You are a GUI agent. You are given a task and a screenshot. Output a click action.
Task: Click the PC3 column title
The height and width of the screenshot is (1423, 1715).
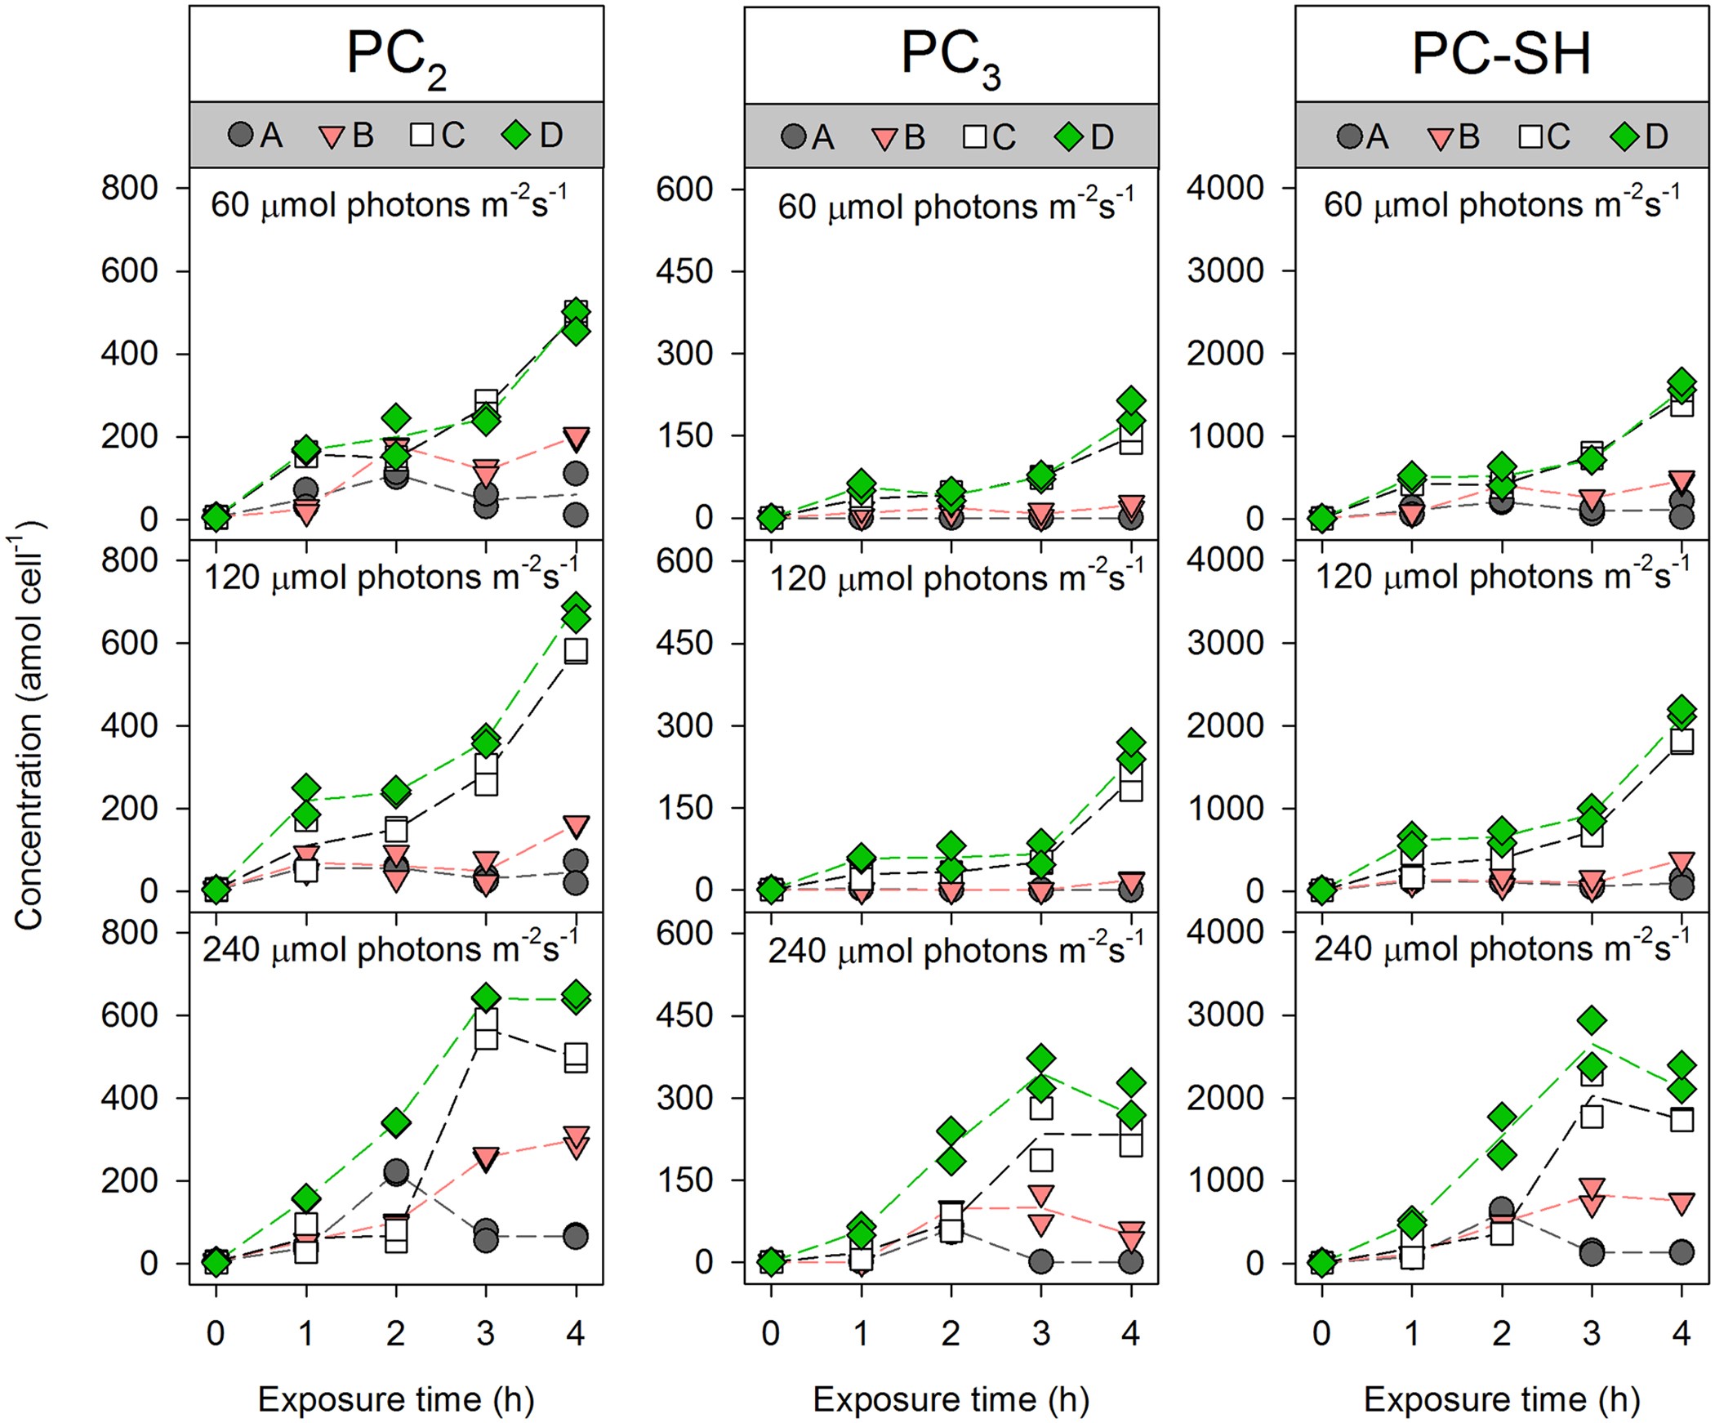(x=951, y=57)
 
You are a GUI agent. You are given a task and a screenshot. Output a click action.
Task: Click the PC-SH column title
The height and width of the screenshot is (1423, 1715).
(x=1501, y=55)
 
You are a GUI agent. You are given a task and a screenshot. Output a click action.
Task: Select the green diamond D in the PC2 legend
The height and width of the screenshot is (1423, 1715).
(x=516, y=135)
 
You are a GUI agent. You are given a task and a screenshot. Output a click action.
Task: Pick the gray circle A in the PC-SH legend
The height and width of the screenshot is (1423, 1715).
(x=1349, y=136)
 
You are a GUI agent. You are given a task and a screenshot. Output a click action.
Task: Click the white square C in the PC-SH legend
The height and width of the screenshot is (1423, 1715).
(x=1531, y=136)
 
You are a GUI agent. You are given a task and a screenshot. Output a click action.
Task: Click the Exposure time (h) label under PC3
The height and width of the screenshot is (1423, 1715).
(x=951, y=1398)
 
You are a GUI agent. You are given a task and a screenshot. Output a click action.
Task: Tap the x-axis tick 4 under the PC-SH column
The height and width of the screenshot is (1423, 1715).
(x=1681, y=1332)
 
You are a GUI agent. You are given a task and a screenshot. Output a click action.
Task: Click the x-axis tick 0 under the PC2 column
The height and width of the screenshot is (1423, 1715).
(x=216, y=1332)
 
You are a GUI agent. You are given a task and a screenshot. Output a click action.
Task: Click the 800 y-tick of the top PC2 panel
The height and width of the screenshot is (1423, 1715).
(x=129, y=189)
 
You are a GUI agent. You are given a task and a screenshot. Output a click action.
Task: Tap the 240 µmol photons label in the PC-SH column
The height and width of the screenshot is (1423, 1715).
(x=1501, y=949)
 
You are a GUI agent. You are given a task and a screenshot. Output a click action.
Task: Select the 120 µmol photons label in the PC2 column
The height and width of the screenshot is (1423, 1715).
(x=390, y=578)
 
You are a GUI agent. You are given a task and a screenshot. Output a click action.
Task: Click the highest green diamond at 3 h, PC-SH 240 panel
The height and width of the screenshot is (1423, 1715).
(x=1592, y=1020)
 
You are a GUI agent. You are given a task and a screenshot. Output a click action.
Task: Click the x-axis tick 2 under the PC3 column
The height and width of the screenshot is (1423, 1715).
(x=951, y=1332)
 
